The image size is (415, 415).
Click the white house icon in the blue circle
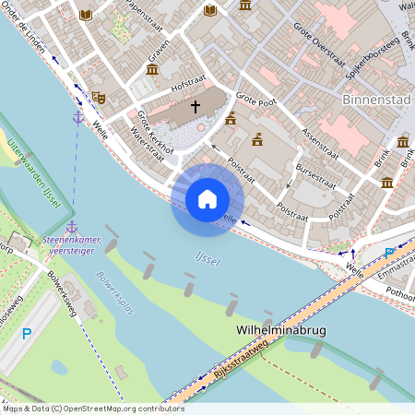207,199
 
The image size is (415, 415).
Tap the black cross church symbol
195,107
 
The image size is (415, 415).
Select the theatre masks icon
99,96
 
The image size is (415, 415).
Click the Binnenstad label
374,98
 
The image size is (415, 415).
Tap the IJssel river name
207,261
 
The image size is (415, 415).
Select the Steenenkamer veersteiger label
72,244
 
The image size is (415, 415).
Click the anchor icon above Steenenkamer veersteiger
71,226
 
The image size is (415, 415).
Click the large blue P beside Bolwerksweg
27,334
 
